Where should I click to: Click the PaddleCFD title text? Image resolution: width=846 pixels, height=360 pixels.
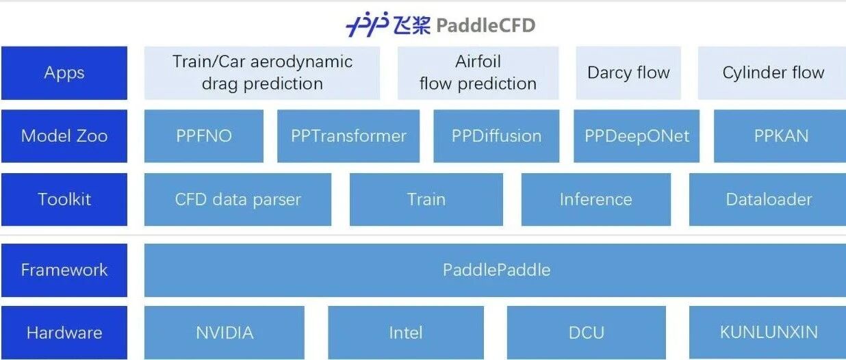(485, 26)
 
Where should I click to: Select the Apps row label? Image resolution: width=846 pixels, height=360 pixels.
(64, 73)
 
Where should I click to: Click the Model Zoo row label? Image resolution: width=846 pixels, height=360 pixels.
(64, 136)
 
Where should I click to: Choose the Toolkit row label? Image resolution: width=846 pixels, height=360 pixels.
(64, 199)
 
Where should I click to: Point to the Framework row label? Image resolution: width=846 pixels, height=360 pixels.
(64, 270)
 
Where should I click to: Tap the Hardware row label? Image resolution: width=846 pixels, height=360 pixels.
(64, 333)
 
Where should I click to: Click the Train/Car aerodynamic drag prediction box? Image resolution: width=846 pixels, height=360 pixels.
(262, 73)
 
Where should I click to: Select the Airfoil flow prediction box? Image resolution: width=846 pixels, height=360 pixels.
(478, 73)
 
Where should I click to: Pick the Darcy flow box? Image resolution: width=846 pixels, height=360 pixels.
(628, 73)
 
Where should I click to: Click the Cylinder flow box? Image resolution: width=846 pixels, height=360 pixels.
(773, 73)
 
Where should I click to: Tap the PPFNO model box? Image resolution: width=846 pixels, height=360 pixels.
(204, 136)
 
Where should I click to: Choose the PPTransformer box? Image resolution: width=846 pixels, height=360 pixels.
(348, 136)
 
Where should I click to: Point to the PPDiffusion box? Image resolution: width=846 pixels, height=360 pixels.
(496, 136)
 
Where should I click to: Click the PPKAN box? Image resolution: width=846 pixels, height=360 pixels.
(780, 136)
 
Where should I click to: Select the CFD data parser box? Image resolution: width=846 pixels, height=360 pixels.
(238, 199)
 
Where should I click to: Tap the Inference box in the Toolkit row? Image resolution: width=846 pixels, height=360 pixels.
(595, 199)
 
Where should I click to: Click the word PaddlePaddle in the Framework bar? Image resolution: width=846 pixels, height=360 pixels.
(496, 270)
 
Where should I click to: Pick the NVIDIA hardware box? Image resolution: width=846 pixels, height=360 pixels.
(225, 333)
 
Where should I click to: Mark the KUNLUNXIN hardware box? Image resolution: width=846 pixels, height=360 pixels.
(768, 333)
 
